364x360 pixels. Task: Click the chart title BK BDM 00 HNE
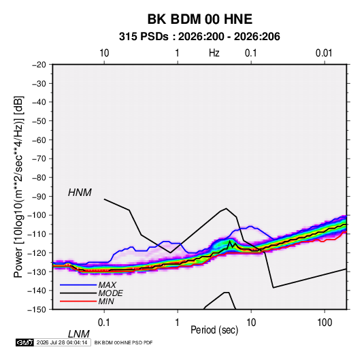[199, 19]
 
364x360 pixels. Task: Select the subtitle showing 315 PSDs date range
[199, 37]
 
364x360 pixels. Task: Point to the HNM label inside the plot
[80, 193]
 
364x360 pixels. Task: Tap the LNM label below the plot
[79, 334]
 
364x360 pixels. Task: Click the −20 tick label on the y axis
[39, 65]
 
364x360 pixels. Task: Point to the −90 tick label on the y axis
[39, 197]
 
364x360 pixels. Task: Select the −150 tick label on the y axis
[37, 310]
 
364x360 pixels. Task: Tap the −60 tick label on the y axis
[39, 140]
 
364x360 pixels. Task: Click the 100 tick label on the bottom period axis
[325, 323]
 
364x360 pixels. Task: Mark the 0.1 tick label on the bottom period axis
[104, 323]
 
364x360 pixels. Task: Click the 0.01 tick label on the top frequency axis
[324, 53]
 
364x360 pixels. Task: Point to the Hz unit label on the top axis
[214, 53]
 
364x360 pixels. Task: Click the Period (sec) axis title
[214, 330]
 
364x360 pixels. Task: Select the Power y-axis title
[18, 187]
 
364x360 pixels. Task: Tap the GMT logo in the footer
[25, 342]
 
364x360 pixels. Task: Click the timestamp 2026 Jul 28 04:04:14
[62, 342]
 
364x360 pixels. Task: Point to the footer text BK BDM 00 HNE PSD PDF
[124, 342]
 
